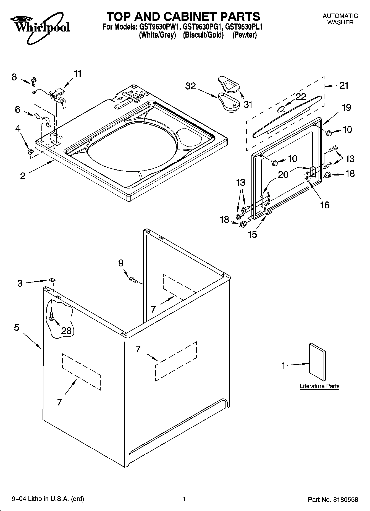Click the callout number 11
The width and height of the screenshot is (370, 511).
pyautogui.click(x=78, y=74)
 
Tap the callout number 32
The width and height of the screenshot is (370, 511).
pyautogui.click(x=190, y=86)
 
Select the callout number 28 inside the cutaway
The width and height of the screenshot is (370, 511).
pyautogui.click(x=66, y=331)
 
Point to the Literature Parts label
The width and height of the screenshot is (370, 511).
pyautogui.click(x=319, y=386)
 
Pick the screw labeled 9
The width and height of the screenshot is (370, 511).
pyautogui.click(x=133, y=280)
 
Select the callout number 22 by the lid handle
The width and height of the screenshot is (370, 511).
pyautogui.click(x=301, y=97)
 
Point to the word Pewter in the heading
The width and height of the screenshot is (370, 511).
pyautogui.click(x=244, y=35)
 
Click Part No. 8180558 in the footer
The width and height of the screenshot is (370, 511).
pyautogui.click(x=333, y=499)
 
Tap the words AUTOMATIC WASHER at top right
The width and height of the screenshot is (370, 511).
pyautogui.click(x=340, y=19)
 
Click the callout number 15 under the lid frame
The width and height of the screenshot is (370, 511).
pyautogui.click(x=253, y=234)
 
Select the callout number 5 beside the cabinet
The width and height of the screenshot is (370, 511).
pyautogui.click(x=17, y=328)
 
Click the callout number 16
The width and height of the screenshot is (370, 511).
pyautogui.click(x=325, y=205)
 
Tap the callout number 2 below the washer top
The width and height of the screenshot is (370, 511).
pyautogui.click(x=23, y=176)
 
